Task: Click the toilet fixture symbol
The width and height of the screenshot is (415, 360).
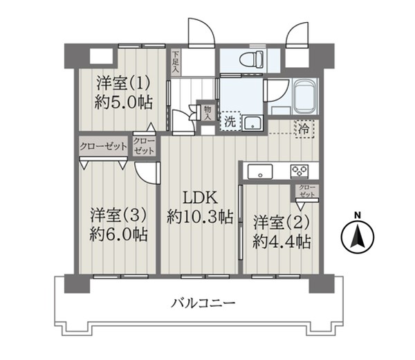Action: [252, 59]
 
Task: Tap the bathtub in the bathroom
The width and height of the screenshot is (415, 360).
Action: [305, 96]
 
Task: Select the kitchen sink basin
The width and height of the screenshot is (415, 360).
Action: [260, 172]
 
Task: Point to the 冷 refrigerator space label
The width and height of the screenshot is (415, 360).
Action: [304, 129]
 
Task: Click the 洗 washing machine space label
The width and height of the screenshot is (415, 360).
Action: [230, 122]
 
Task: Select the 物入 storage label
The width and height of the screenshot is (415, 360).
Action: [207, 112]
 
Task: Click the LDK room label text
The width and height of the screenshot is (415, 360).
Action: [201, 197]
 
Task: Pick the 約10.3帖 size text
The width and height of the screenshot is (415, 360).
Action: [200, 217]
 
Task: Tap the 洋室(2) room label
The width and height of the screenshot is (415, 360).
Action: [282, 222]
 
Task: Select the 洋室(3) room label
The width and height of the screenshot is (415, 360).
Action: [118, 215]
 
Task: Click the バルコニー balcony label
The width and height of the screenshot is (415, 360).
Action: [203, 303]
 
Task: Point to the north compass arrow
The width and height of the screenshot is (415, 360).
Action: [358, 235]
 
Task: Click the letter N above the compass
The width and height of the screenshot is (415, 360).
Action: [358, 215]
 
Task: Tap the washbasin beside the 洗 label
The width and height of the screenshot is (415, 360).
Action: [252, 123]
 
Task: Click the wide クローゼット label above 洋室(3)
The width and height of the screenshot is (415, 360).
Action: [104, 146]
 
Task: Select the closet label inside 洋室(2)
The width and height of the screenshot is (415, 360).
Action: [307, 191]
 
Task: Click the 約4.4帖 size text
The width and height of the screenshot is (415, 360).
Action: [282, 242]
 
